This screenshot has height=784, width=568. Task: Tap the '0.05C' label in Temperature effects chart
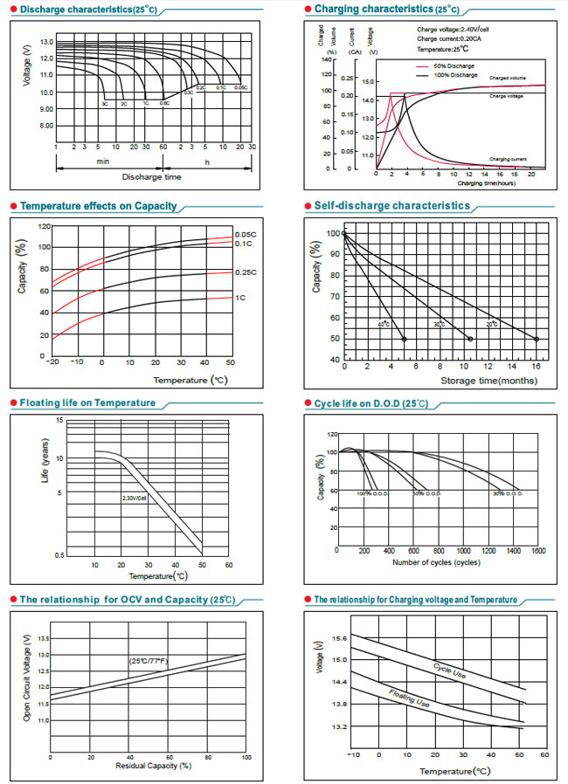246,236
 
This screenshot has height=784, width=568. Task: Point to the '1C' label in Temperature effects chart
239,298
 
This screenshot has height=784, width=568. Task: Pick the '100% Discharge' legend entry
454,75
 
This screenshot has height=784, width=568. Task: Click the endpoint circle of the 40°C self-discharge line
404,339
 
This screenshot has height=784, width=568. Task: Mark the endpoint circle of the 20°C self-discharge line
537,339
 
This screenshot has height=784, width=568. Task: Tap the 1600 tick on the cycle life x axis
537,551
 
